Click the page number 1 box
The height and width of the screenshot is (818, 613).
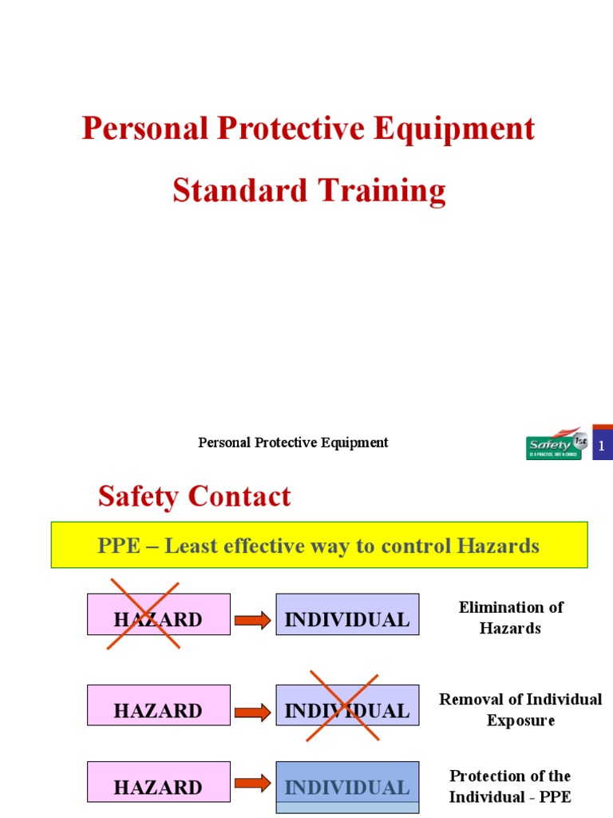click(x=602, y=446)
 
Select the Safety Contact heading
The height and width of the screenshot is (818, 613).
click(x=194, y=497)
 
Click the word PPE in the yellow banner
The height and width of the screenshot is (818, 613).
click(x=119, y=546)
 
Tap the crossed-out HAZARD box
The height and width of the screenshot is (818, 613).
click(x=158, y=615)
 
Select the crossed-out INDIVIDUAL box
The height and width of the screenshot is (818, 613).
click(x=347, y=705)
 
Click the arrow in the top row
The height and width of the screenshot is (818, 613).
click(x=253, y=621)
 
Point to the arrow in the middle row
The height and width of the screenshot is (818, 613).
click(x=253, y=711)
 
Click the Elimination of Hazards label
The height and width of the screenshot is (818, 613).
click(x=510, y=617)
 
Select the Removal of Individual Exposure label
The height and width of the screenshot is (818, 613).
click(x=520, y=709)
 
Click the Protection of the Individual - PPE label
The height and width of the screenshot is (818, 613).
click(x=510, y=786)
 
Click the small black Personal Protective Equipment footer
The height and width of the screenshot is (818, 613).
click(x=293, y=443)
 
